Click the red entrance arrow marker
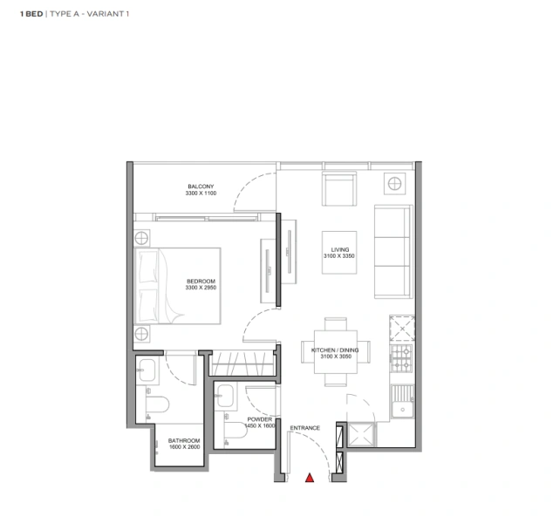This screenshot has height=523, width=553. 308,477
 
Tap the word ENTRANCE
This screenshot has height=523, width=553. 305,428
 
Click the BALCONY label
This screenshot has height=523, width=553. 201,187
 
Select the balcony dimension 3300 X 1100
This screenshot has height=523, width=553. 201,194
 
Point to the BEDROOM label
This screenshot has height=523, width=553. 201,281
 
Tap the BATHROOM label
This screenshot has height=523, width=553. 184,440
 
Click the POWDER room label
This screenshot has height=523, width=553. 260,419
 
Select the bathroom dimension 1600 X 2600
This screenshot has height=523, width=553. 184,447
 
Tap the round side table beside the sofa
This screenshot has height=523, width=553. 395,183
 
